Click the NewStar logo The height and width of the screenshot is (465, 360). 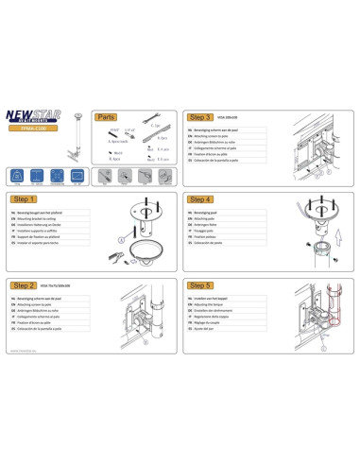[x=32, y=117]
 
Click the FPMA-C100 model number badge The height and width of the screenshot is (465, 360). [x=33, y=132]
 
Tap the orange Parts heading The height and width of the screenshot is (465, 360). [x=107, y=117]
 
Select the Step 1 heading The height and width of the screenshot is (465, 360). [x=25, y=199]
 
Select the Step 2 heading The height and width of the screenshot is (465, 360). [x=25, y=284]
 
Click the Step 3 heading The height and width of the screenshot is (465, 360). [x=200, y=117]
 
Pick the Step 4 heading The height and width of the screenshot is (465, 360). [x=200, y=199]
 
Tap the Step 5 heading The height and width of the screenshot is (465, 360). [x=200, y=284]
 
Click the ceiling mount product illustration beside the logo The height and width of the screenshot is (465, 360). [x=77, y=132]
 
